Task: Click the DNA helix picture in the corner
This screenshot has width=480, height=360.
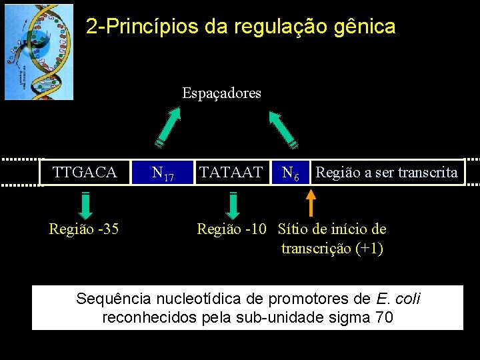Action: [39, 52]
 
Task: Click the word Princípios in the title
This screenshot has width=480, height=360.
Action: [147, 27]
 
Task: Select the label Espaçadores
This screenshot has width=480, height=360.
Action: [222, 93]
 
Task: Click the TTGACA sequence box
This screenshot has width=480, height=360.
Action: [85, 173]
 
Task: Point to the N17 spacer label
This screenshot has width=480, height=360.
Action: [163, 174]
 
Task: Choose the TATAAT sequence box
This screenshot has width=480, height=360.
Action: [231, 173]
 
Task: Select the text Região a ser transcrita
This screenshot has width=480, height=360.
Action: [387, 173]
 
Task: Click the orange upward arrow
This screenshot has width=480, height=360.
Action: [311, 203]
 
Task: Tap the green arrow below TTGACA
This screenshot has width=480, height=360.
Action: [85, 205]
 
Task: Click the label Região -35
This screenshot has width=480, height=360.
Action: [84, 229]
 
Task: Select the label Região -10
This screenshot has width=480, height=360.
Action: [231, 229]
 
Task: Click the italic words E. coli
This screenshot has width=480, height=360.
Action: [399, 298]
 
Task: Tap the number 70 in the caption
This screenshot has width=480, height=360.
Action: [384, 317]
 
